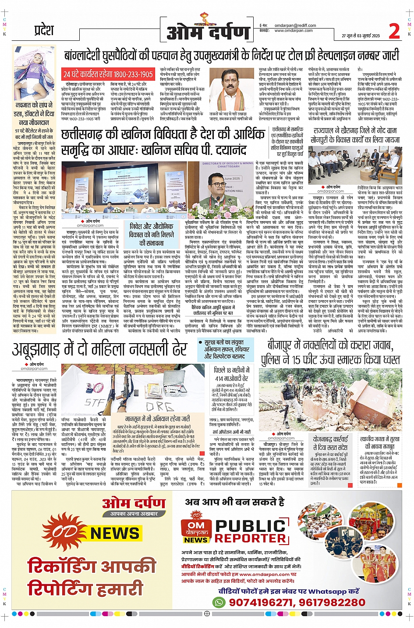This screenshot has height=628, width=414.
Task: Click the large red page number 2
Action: coord(394,32)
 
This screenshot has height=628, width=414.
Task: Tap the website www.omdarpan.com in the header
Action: coord(293,31)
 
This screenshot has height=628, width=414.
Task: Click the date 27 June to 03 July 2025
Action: coord(361,36)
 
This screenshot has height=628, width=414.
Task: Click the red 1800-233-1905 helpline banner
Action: coord(108,74)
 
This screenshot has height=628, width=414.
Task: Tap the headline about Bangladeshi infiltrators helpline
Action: coord(231,55)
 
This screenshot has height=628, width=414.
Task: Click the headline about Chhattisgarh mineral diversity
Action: coord(162,141)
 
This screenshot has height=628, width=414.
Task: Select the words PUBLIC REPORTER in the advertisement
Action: coord(251,531)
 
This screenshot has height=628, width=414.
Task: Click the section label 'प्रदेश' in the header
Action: coord(44,31)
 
